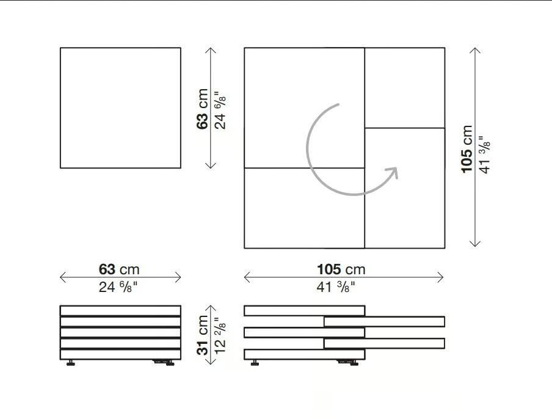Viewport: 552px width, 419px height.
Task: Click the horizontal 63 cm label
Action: [119, 269]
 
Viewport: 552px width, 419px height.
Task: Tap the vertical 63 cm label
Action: [203, 109]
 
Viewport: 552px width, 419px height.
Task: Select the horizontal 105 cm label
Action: [341, 269]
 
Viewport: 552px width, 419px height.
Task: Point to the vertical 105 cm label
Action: [467, 149]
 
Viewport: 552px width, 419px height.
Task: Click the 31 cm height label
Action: [203, 335]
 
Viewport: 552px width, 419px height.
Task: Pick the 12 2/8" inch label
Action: [220, 337]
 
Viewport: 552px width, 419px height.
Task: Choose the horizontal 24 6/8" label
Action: [118, 287]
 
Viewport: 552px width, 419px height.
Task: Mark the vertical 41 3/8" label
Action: [485, 155]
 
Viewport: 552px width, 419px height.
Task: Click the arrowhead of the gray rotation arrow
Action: [393, 172]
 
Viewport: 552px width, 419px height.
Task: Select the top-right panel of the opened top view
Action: [405, 88]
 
